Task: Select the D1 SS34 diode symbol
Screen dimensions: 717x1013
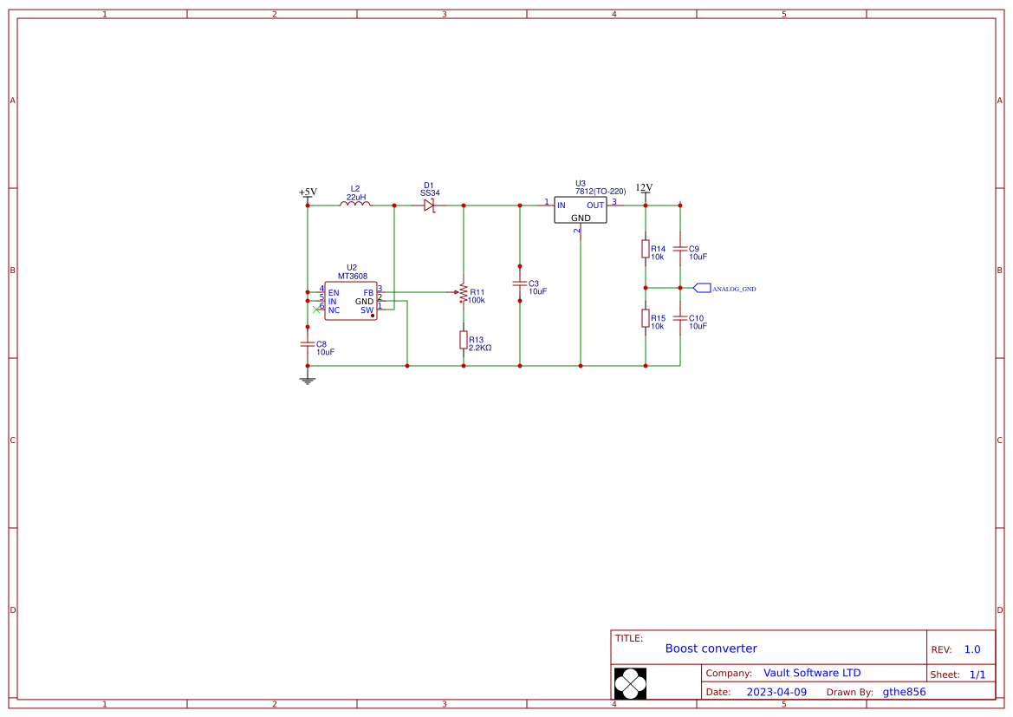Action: click(429, 205)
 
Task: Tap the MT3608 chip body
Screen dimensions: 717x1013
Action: click(351, 301)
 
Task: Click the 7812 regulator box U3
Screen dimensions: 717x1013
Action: click(581, 210)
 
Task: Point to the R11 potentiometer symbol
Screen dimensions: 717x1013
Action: click(464, 293)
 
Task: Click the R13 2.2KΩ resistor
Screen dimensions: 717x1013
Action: click(464, 340)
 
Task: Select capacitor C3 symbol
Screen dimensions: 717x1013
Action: click(520, 284)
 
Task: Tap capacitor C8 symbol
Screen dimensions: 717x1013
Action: click(307, 344)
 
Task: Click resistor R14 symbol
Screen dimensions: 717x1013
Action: click(646, 249)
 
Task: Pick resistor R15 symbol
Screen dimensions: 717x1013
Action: click(646, 318)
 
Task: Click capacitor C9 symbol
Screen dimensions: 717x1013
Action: click(680, 249)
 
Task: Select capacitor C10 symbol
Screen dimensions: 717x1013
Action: click(680, 318)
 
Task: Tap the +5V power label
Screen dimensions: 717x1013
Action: click(308, 192)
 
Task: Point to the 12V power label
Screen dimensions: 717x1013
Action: click(644, 187)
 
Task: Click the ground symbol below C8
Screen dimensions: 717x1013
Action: click(307, 380)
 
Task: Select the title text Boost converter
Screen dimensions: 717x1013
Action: click(711, 649)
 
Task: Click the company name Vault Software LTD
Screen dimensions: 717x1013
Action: click(812, 673)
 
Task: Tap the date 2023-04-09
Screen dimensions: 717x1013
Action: click(776, 692)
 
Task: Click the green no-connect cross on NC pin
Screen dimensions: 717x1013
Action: click(316, 310)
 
